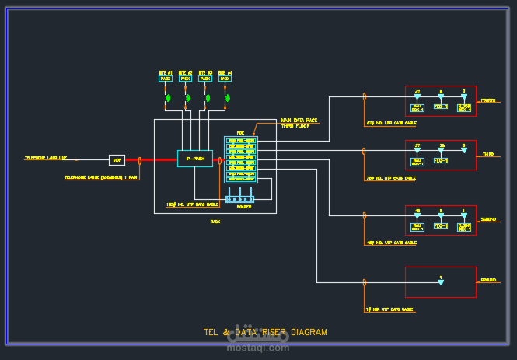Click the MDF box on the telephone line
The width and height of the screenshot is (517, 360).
(x=117, y=159)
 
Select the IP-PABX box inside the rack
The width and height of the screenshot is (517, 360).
(x=194, y=159)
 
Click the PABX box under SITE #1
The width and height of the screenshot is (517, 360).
(x=166, y=79)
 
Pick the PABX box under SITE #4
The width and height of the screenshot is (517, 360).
(x=225, y=79)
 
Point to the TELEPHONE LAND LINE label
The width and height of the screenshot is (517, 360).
(x=46, y=158)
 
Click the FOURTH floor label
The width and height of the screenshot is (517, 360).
(x=487, y=100)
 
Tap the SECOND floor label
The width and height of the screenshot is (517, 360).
(x=487, y=220)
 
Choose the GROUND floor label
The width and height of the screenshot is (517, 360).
(x=488, y=280)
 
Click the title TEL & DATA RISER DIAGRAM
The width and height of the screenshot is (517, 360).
(x=265, y=332)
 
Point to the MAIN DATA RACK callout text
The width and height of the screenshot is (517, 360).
(x=299, y=120)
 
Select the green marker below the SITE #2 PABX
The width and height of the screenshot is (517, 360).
(x=187, y=99)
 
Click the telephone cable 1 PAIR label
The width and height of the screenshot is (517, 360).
(x=101, y=177)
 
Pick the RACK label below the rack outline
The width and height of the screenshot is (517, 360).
(x=215, y=222)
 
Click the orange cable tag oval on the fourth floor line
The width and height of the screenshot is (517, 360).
(x=365, y=97)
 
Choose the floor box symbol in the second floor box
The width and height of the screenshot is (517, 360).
(x=464, y=225)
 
